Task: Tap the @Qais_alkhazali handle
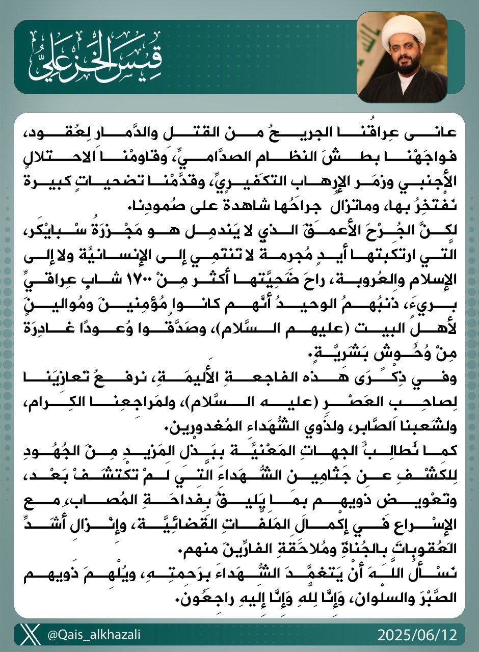94,635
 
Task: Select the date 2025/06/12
418,635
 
